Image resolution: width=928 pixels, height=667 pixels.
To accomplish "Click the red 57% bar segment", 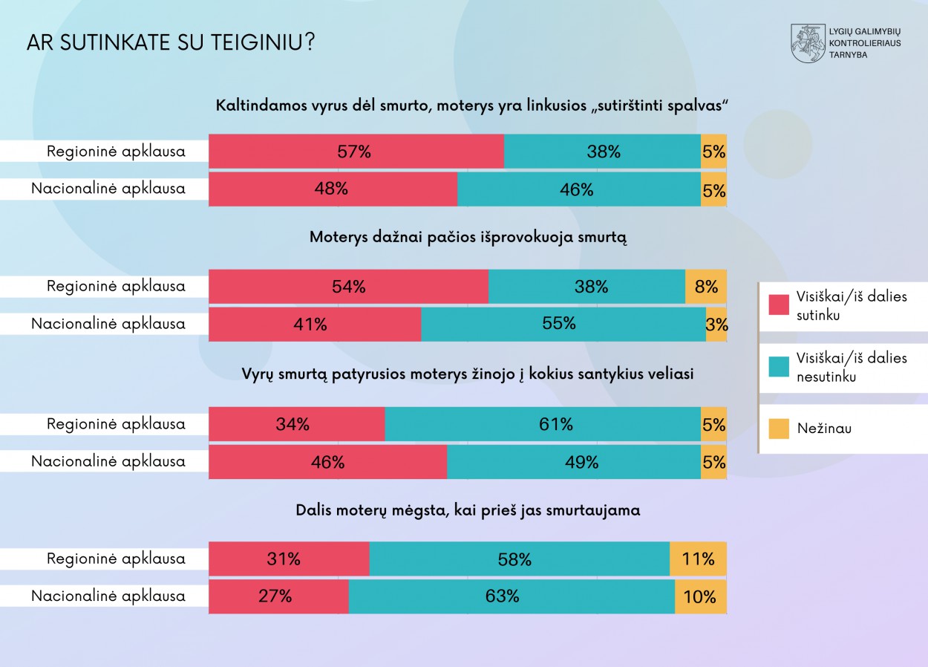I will pos(356,152).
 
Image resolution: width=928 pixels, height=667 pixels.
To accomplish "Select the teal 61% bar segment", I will pos(543,424).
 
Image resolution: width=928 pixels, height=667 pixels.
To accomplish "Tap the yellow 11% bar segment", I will pos(698,559).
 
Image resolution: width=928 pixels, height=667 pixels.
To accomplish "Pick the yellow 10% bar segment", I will pos(700,596).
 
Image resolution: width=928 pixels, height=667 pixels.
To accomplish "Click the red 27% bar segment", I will pos(278,596).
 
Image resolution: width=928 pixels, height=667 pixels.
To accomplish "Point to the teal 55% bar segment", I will pos(563,324).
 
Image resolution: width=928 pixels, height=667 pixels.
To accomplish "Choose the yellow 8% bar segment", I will pos(705,286).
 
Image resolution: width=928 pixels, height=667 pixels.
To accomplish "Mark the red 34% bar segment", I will pos(296,424).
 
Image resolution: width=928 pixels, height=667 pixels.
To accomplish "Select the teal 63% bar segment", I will pos(512,596).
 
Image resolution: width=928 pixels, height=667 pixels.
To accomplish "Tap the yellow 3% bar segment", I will pos(716,324).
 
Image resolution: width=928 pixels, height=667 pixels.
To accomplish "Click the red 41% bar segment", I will pos(315,324).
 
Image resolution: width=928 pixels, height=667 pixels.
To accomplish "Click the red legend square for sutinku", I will pos(779,305).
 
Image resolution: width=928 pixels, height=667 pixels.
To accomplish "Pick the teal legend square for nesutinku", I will pos(779,366).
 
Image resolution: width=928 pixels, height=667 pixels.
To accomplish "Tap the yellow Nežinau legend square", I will pos(779,429).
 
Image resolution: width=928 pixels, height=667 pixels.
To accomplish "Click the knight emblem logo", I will pos(808,43).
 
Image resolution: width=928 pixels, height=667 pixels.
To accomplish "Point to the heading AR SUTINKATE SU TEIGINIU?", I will pos(170,42).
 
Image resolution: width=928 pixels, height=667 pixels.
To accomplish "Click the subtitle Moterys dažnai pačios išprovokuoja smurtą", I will pos(468,238).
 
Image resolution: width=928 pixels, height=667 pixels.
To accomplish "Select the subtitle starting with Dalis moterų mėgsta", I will pos(468,510).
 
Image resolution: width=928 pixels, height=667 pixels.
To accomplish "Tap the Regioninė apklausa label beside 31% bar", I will pos(116,559).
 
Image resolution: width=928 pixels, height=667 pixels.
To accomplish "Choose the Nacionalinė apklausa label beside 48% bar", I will pos(108,189).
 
